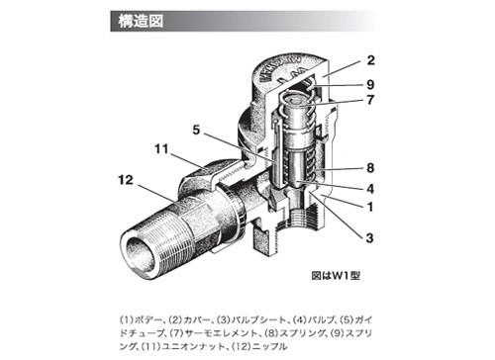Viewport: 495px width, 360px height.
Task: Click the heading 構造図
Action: (141, 22)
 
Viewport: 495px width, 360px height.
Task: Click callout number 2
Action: (371, 60)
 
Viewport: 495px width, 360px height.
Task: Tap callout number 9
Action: (370, 85)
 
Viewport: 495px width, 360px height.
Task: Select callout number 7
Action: (370, 100)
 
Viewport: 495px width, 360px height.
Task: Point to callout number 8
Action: (370, 168)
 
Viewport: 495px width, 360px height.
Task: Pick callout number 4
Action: (370, 189)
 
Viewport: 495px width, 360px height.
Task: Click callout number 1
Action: (370, 207)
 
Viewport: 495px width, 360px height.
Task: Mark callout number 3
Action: (369, 237)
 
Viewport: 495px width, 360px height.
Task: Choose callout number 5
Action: (196, 130)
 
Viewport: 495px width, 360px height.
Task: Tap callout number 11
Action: (161, 149)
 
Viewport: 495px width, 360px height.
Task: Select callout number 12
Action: (126, 180)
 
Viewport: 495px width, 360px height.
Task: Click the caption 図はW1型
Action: (336, 275)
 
